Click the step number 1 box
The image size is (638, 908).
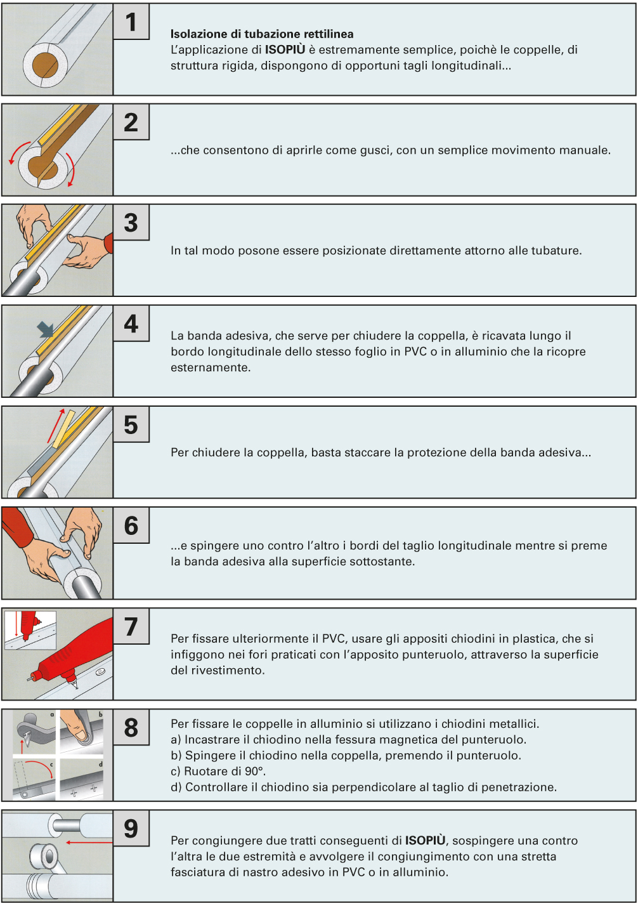(x=131, y=22)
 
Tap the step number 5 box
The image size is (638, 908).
(x=131, y=424)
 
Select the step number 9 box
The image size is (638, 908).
(x=131, y=828)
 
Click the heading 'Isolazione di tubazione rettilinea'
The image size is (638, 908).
(x=262, y=34)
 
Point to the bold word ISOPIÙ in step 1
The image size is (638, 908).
(x=285, y=49)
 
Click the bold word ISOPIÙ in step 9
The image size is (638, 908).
(x=426, y=840)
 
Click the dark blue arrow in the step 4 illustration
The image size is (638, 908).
(x=45, y=329)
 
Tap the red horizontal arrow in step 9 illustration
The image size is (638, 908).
(x=89, y=843)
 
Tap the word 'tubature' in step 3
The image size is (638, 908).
(x=561, y=251)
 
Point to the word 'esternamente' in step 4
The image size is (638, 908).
(x=211, y=367)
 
